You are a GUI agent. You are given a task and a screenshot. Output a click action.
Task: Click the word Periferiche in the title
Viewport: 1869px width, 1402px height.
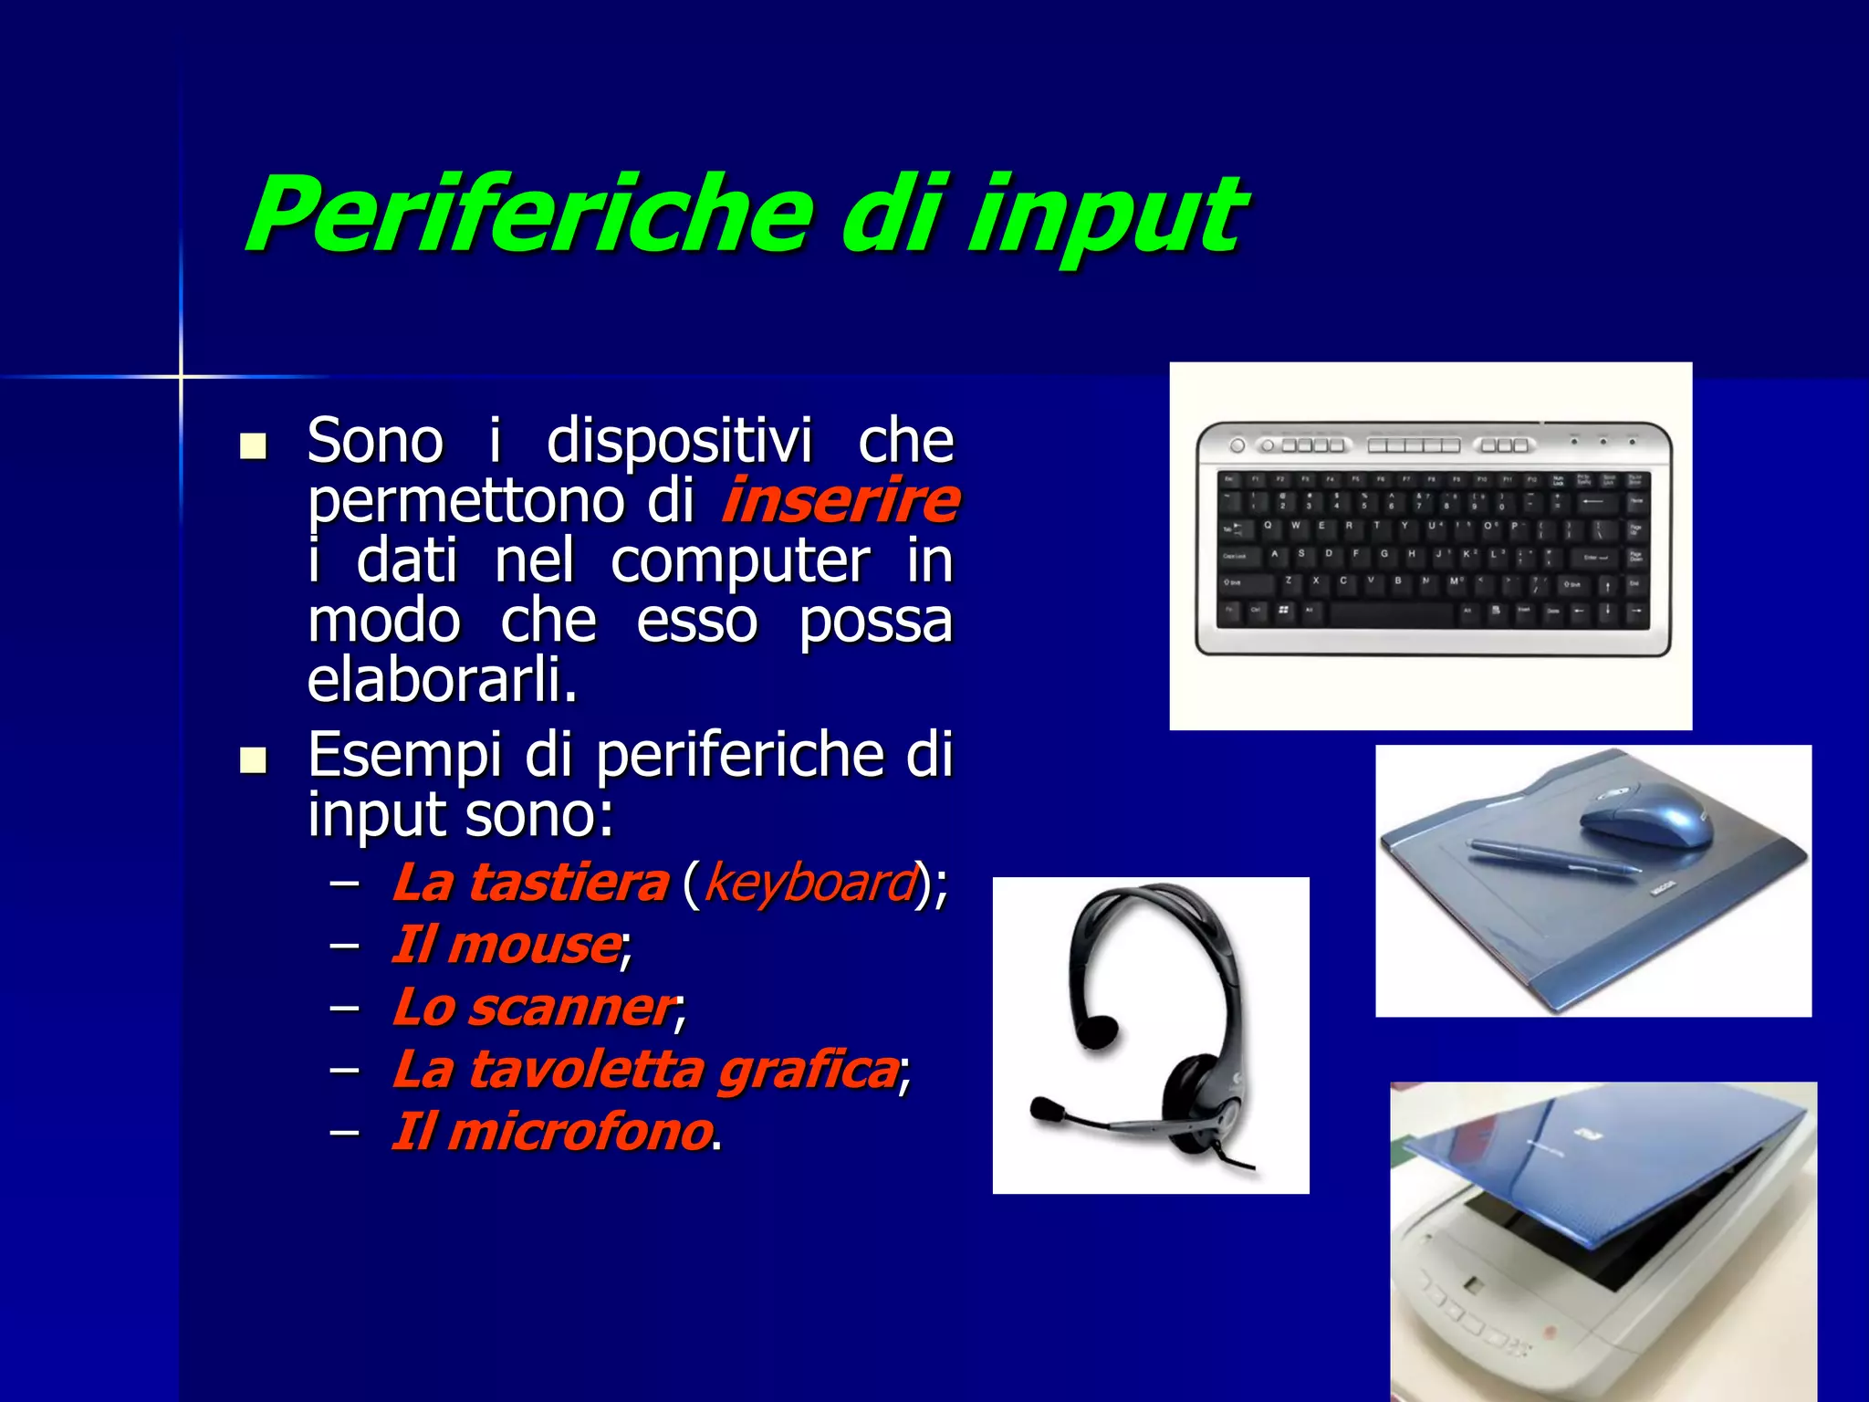(529, 214)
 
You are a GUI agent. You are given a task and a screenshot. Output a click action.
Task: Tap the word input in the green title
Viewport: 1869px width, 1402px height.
(1104, 219)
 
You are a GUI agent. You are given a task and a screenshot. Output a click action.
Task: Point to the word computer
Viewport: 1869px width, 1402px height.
(739, 560)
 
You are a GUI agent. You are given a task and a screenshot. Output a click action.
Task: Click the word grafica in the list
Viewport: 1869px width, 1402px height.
(808, 1069)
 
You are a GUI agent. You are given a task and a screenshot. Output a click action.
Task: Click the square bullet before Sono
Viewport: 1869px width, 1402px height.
(253, 446)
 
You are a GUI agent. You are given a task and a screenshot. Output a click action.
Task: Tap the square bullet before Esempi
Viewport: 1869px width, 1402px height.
(253, 760)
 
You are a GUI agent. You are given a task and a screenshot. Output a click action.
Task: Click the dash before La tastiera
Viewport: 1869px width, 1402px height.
(344, 883)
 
